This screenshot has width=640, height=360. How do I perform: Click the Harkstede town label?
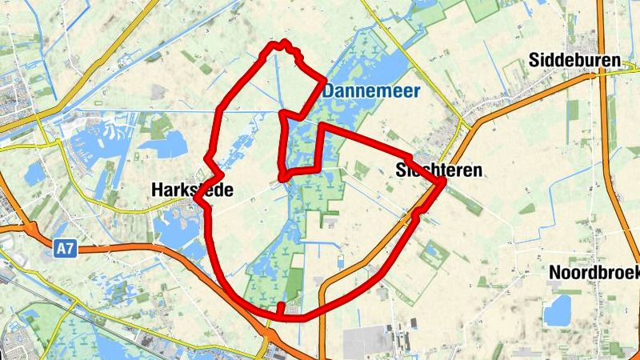click(192, 190)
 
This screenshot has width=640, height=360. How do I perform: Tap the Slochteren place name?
click(439, 170)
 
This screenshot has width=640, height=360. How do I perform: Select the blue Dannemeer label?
click(371, 92)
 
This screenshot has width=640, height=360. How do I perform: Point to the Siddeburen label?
click(575, 60)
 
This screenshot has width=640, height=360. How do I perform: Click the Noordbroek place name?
click(594, 273)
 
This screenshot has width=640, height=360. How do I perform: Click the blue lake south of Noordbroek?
click(558, 310)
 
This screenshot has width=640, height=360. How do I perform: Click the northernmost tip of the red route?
click(282, 42)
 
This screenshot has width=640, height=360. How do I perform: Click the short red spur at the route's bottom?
click(281, 308)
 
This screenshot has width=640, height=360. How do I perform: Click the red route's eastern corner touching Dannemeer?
click(323, 80)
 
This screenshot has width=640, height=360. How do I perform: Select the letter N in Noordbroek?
click(554, 273)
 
